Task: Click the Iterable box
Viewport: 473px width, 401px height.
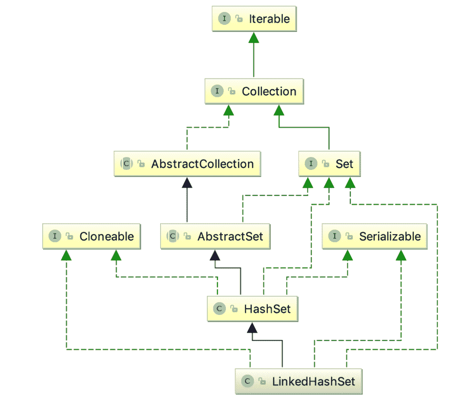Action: tap(254, 19)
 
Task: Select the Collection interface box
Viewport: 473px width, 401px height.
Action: tap(254, 91)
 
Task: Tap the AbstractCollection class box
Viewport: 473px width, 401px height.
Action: tap(187, 164)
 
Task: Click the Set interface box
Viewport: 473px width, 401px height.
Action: tap(329, 164)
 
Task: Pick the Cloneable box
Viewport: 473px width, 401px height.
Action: tap(91, 236)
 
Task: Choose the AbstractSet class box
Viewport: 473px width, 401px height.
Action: tap(215, 236)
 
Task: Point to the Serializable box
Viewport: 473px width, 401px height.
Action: tap(374, 236)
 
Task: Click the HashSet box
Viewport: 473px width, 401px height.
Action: tap(252, 309)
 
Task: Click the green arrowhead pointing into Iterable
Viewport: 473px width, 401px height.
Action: tap(254, 39)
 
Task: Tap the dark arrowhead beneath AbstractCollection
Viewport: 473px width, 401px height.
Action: tap(187, 182)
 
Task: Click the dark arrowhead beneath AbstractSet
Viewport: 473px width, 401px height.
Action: tap(215, 255)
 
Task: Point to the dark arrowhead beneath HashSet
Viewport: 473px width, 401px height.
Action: tap(252, 327)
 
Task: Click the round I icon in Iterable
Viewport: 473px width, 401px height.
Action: tap(224, 19)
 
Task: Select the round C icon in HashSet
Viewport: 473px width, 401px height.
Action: tap(219, 309)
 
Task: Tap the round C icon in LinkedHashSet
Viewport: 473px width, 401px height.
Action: tap(247, 381)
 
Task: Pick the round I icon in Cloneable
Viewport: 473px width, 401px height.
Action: tap(55, 236)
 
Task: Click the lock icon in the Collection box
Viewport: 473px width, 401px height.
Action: tap(232, 92)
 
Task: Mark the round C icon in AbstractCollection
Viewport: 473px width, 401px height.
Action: tap(126, 164)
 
